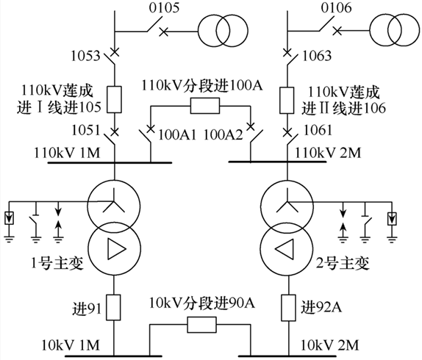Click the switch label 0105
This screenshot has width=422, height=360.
click(x=164, y=7)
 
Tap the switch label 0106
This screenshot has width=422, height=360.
click(x=336, y=7)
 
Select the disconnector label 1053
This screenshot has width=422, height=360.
click(x=85, y=56)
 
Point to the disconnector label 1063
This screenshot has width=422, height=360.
click(x=317, y=56)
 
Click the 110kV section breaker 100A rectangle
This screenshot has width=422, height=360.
click(x=205, y=106)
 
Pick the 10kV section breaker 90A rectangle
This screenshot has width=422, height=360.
click(x=202, y=325)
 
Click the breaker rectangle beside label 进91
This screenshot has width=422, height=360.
click(x=113, y=307)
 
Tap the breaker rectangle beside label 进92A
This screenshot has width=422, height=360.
click(x=289, y=308)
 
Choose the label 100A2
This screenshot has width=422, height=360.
click(x=223, y=134)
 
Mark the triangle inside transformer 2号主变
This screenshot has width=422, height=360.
click(x=285, y=249)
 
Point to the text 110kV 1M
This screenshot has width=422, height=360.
click(x=67, y=153)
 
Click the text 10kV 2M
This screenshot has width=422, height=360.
click(x=330, y=345)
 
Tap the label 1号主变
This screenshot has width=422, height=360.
click(x=57, y=264)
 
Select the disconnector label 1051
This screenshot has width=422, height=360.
click(x=85, y=130)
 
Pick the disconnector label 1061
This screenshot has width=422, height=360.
click(x=318, y=130)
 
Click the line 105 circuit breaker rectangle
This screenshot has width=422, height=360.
click(x=115, y=99)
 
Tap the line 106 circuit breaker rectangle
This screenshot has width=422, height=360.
click(x=287, y=100)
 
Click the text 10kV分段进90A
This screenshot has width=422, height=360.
click(x=202, y=303)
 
